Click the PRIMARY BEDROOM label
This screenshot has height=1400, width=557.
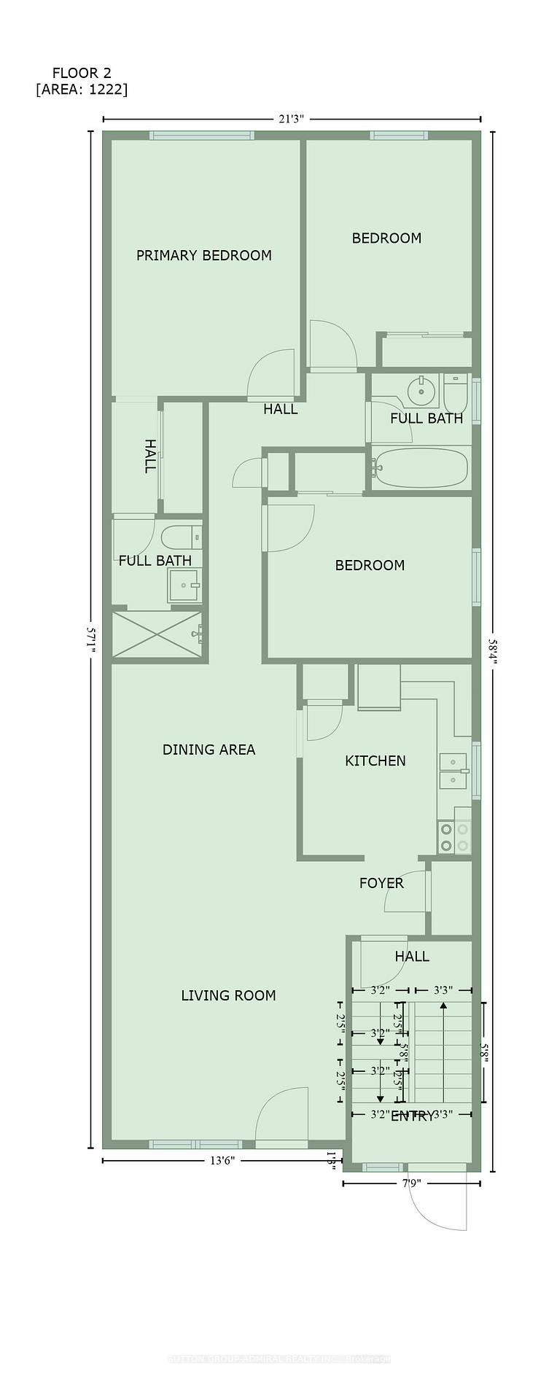click(x=203, y=255)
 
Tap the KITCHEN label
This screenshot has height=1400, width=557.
click(x=375, y=761)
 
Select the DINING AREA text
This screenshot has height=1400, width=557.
click(x=209, y=750)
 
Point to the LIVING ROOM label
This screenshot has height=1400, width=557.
click(x=228, y=995)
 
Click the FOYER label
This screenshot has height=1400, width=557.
click(x=381, y=883)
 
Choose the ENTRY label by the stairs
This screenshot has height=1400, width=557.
click(x=412, y=1116)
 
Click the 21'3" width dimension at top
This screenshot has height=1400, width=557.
click(x=290, y=120)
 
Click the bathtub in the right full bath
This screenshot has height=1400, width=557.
click(x=421, y=467)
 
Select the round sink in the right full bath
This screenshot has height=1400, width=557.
click(x=420, y=390)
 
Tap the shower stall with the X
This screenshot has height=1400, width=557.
click(x=156, y=635)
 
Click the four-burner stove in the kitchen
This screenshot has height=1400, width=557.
click(x=454, y=837)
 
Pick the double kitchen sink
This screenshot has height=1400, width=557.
click(x=453, y=771)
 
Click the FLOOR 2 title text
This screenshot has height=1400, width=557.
click(x=81, y=73)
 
